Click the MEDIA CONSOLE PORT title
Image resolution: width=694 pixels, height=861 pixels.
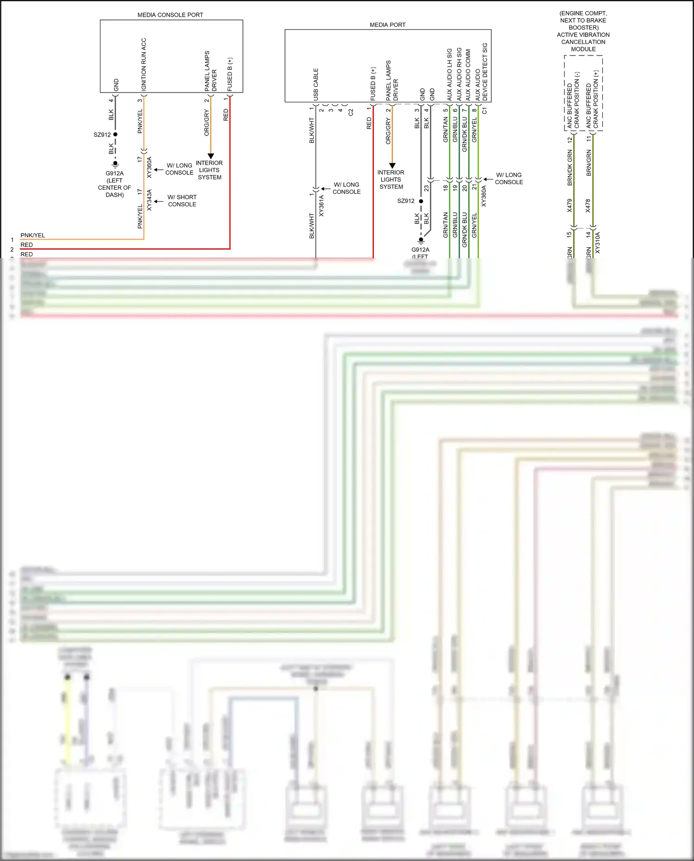(x=170, y=15)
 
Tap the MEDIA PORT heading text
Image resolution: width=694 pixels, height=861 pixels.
(x=387, y=25)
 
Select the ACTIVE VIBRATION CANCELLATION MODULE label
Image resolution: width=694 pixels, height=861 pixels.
(x=583, y=42)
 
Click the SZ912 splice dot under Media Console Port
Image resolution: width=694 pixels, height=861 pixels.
(x=115, y=135)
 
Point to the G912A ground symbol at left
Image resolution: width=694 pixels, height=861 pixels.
(x=115, y=164)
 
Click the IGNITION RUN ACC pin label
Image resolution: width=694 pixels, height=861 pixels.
(x=143, y=64)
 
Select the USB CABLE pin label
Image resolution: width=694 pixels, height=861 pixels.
(x=316, y=84)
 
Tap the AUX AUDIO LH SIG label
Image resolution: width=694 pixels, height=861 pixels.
(x=449, y=74)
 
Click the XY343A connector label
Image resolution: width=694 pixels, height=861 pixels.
(x=149, y=200)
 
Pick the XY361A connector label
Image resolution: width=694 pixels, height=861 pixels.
(x=322, y=206)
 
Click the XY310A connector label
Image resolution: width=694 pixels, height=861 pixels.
(x=597, y=242)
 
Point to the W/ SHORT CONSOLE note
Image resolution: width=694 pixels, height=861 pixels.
(x=182, y=200)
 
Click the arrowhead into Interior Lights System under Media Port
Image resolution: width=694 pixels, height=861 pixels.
(x=392, y=165)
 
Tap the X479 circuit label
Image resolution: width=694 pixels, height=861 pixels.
(x=570, y=205)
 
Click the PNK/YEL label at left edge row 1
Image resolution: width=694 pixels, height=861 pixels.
(x=33, y=235)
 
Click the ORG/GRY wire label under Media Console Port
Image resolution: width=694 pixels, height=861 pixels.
(x=207, y=123)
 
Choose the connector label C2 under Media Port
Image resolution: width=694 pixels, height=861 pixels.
(x=351, y=112)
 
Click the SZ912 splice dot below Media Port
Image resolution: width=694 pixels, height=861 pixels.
(x=421, y=201)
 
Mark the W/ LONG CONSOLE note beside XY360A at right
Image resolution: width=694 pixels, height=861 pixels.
(x=509, y=178)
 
